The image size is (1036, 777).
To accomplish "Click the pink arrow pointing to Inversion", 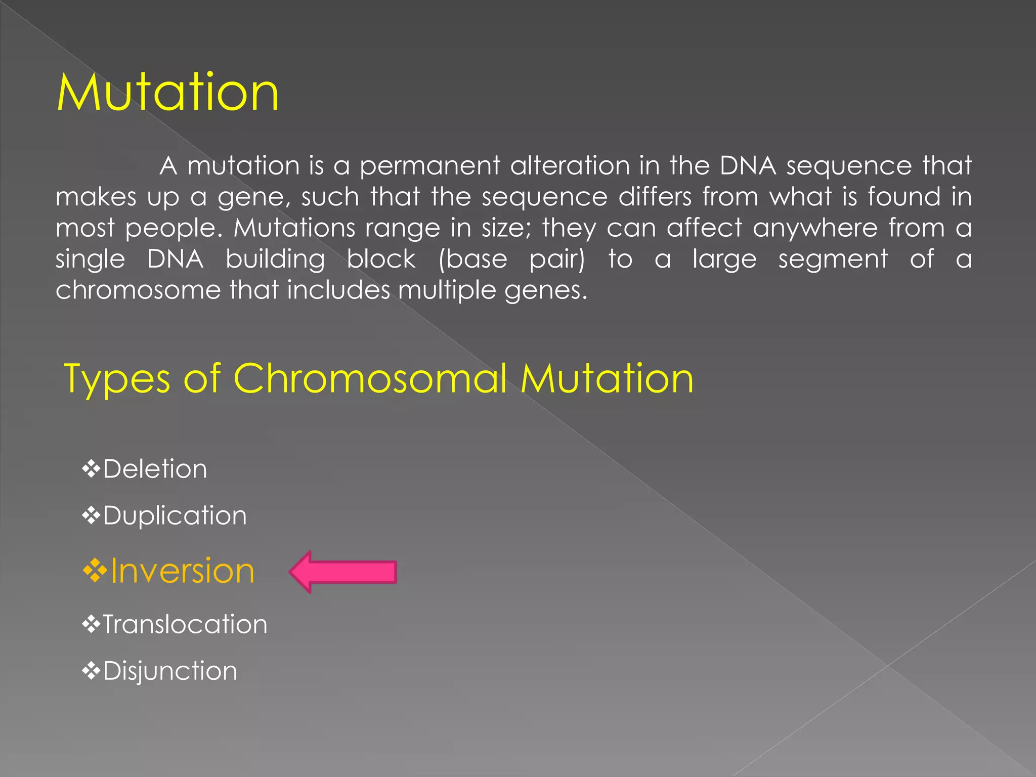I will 343,572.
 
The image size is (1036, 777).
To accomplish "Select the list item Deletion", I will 155,469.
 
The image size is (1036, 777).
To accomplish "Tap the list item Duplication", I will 175,515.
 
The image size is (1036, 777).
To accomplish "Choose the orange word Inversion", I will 182,571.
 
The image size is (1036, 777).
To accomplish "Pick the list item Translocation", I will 185,624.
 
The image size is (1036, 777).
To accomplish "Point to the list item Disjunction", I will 170,671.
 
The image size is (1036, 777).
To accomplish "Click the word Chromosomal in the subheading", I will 370,378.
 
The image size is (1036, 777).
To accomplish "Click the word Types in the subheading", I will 117,379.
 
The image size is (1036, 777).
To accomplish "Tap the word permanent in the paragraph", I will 430,166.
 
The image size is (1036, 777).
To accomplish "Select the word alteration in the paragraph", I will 569,166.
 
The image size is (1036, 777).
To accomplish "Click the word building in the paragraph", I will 275,260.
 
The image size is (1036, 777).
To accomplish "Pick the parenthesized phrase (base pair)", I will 511,260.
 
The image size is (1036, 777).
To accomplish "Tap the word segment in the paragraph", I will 833,260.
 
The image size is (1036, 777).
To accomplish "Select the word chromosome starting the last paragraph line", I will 138,290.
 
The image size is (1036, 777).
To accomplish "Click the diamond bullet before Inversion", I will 95,571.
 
